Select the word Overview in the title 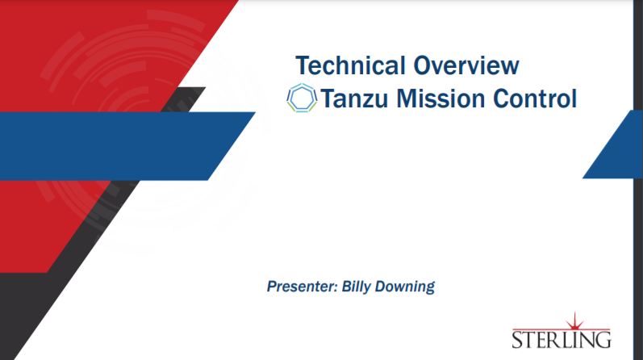(466, 65)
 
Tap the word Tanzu (354, 99)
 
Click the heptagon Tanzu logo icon (302, 98)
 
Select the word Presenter (303, 286)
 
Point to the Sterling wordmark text (562, 340)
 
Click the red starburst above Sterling (574, 321)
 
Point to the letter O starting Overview (423, 65)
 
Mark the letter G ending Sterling (603, 340)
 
